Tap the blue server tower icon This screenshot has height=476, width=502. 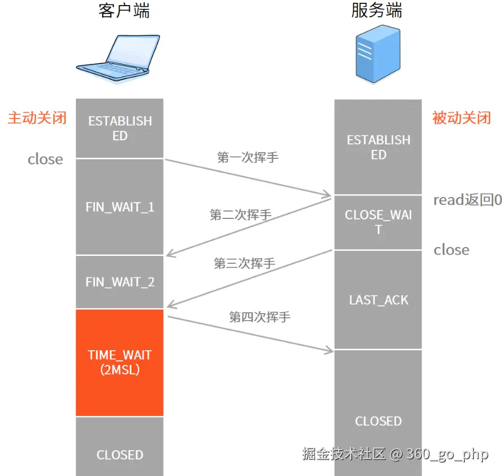click(x=378, y=57)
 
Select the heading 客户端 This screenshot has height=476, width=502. click(x=124, y=11)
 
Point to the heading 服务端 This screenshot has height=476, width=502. click(x=377, y=11)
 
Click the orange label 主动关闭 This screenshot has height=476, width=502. click(x=37, y=118)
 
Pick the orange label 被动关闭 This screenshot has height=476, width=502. click(x=462, y=118)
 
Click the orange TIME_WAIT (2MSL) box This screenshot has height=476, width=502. click(x=120, y=363)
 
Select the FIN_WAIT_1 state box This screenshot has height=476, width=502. click(x=120, y=207)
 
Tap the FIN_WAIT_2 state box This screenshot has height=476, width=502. click(x=120, y=282)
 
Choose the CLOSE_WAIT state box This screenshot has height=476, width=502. click(x=378, y=222)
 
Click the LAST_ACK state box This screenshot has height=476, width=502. click(x=378, y=300)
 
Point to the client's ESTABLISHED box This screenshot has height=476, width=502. click(x=120, y=129)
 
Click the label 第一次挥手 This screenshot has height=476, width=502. click(x=248, y=157)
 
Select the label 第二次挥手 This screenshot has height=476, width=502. click(x=240, y=214)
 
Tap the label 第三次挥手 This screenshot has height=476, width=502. click(x=244, y=263)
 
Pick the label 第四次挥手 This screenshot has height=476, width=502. click(x=259, y=317)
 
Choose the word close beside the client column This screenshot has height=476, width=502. click(x=45, y=159)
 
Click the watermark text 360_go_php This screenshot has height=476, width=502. click(x=447, y=454)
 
